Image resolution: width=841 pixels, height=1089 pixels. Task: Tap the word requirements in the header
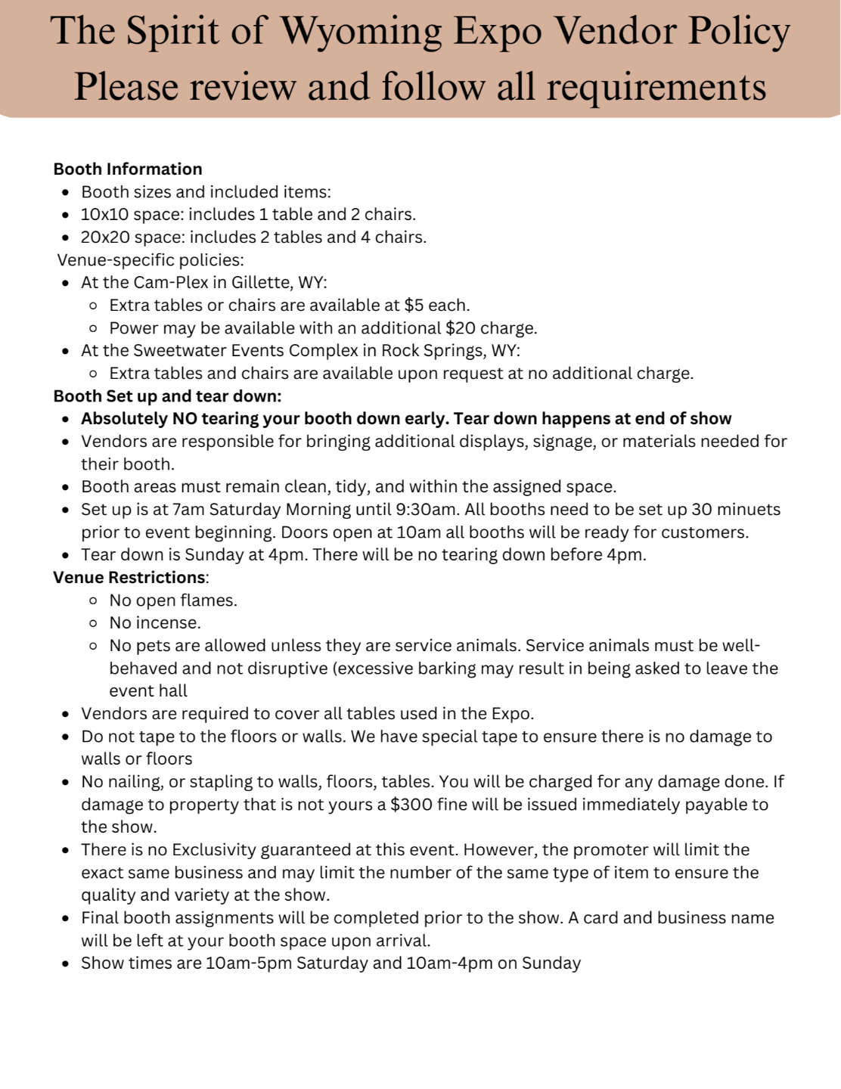tap(656, 86)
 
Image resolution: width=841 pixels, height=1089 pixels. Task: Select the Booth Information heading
tap(128, 169)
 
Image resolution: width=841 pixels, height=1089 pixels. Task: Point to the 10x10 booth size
tap(104, 214)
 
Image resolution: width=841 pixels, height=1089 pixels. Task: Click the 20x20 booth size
tap(105, 237)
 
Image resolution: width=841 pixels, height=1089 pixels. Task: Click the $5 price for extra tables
tap(414, 305)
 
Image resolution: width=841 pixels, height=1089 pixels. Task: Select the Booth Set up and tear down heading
tap(167, 396)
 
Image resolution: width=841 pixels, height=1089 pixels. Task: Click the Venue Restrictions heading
tap(129, 577)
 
